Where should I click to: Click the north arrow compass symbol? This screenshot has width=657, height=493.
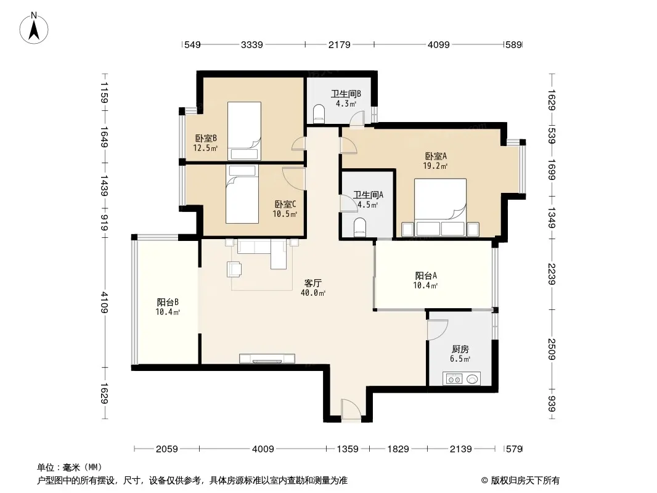coord(34,28)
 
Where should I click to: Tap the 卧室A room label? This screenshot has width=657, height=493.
coord(436,157)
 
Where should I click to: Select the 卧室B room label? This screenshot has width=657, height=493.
coord(206,138)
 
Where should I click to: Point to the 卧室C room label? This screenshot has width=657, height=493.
coord(285,205)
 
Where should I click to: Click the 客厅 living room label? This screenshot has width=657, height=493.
coord(313,283)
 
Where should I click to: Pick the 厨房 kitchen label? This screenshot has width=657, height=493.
coord(460,349)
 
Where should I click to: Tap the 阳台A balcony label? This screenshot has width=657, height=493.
coord(426,275)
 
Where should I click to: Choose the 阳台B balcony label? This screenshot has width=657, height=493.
coord(168,302)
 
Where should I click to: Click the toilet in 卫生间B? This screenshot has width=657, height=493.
coord(319,113)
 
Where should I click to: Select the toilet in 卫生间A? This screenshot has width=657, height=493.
coord(360,227)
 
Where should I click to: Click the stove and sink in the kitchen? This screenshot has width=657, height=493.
coord(462,378)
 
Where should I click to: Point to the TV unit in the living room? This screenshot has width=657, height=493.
coord(267,359)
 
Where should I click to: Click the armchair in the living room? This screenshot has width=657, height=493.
coord(234,269)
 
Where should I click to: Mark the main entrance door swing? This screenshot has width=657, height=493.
coord(351,409)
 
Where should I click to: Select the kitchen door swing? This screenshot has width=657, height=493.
coord(438,330)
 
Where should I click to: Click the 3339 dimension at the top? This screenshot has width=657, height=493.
coord(252,44)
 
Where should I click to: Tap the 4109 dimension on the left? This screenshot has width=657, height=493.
coord(104,303)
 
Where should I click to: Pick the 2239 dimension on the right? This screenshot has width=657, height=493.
coord(552,274)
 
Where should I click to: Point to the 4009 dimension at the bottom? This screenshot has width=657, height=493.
coord(263,449)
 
